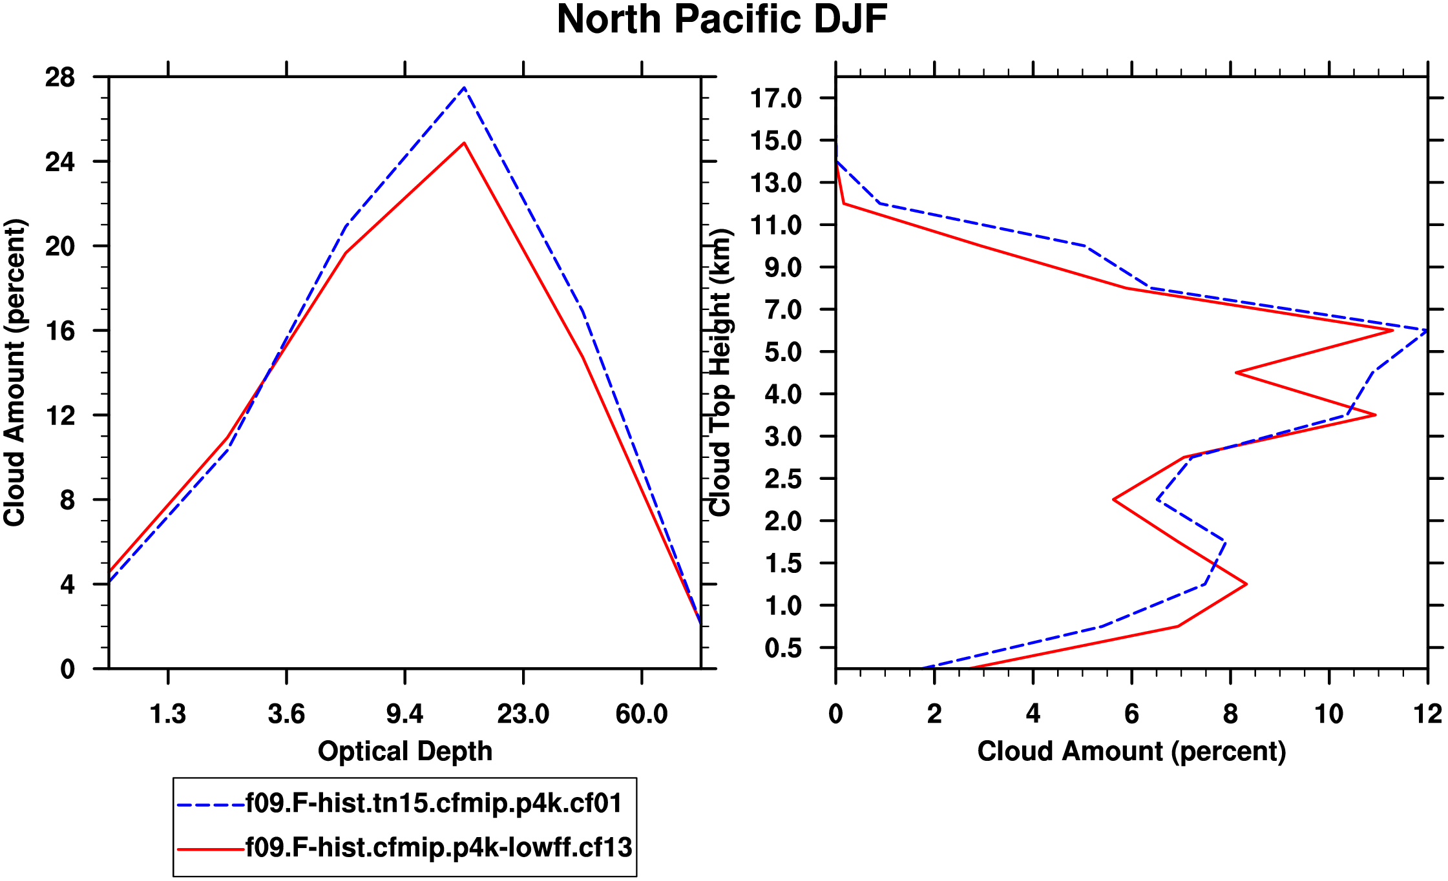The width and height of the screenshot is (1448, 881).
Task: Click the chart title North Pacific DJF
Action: tap(722, 19)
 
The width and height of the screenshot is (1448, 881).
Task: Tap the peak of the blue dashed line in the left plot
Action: tap(464, 88)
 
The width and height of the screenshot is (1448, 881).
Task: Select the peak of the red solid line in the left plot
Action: tap(464, 143)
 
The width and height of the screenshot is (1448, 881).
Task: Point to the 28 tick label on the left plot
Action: tap(60, 78)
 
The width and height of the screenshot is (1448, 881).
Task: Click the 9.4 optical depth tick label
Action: tap(404, 714)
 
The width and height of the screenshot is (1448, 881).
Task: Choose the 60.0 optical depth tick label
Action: tap(641, 714)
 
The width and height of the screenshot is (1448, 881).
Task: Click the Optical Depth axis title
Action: tap(405, 751)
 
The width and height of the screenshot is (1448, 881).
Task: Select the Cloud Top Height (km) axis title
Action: tap(720, 373)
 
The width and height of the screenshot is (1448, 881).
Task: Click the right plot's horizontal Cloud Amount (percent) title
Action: tap(1131, 751)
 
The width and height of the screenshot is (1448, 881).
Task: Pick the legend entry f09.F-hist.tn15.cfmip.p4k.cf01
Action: tap(434, 803)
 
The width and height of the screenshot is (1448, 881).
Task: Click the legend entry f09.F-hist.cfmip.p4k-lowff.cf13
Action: tap(439, 847)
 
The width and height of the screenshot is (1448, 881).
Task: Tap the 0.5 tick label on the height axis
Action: tap(783, 648)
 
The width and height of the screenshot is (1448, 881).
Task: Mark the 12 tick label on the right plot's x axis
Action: tap(1427, 714)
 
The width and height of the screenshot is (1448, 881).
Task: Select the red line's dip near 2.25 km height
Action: tap(1114, 499)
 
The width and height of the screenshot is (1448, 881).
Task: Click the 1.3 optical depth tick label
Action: tap(168, 714)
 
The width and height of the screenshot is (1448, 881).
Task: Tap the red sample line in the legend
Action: tap(211, 849)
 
